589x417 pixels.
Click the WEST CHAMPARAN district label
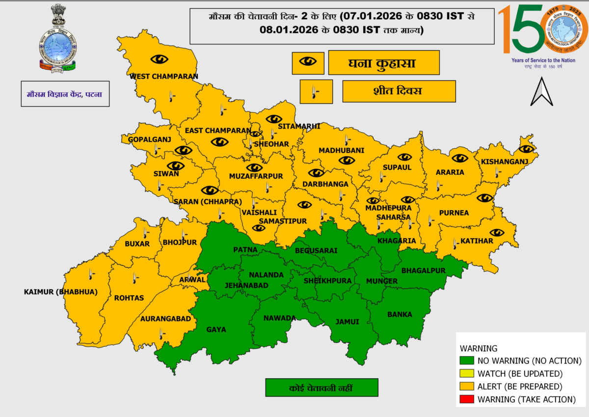[x=163, y=77]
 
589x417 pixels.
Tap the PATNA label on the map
[x=245, y=250]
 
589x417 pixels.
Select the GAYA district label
[x=216, y=330]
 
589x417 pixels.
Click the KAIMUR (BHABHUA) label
[x=60, y=292]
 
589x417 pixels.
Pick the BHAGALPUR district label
[x=423, y=271]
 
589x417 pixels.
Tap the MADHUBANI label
[x=341, y=150]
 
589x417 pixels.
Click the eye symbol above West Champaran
[x=159, y=59]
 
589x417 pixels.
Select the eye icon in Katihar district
[x=497, y=232]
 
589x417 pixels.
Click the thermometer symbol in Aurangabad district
[x=161, y=334]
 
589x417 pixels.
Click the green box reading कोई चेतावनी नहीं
[x=321, y=388]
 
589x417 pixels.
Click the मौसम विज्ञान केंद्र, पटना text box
[x=65, y=94]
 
